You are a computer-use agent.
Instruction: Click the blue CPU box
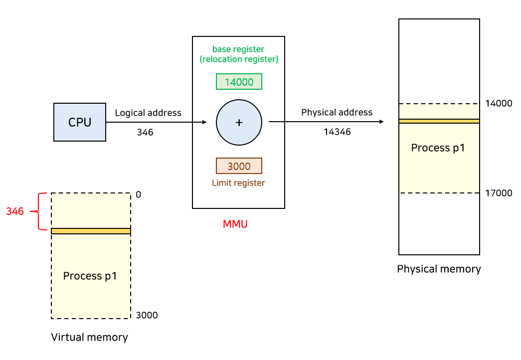point(80,122)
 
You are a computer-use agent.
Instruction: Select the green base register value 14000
point(239,82)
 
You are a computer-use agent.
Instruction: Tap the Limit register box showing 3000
point(239,166)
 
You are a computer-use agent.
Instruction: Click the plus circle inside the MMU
point(239,122)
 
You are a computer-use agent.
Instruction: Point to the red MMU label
point(235,224)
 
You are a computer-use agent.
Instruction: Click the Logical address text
point(148,113)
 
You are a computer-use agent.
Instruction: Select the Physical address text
point(337,112)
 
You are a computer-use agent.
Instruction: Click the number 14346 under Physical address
point(337,132)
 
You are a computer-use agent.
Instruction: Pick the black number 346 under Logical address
point(145,133)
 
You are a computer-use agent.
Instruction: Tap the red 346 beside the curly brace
point(15,211)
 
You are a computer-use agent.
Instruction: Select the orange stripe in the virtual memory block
point(91,231)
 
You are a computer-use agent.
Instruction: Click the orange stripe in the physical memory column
point(439,121)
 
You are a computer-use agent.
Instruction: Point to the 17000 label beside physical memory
point(498,193)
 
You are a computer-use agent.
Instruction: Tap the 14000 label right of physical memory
point(498,104)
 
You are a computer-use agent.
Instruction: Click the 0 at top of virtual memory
point(139,195)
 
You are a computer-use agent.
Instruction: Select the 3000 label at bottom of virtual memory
point(147,315)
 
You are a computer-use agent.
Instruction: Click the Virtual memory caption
point(90,338)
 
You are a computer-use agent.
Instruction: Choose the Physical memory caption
point(439,269)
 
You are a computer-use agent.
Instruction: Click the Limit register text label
point(238,183)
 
